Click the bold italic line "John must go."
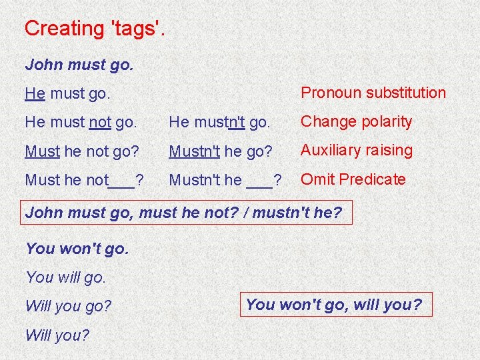[79, 65]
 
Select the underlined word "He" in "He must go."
[35, 93]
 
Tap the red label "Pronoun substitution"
[373, 93]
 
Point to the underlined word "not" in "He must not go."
[99, 122]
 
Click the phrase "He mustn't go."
[219, 122]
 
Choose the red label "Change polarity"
[357, 121]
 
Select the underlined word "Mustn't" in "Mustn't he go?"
[195, 151]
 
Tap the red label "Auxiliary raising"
[357, 150]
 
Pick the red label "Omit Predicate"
[353, 179]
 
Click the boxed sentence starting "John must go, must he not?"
[183, 213]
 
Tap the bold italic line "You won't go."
[77, 249]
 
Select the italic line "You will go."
[65, 277]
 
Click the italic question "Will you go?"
[68, 307]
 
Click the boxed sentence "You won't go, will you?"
[334, 305]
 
